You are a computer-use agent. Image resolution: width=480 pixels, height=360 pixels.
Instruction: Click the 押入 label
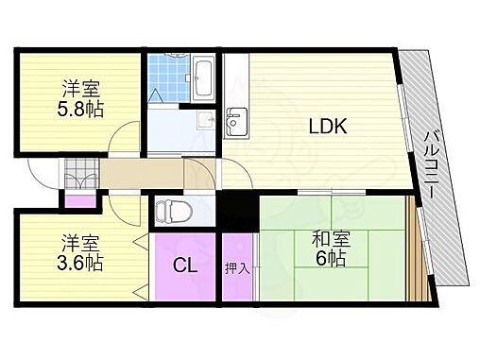(237, 268)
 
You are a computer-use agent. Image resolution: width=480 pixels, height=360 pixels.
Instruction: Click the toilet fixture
(166, 210)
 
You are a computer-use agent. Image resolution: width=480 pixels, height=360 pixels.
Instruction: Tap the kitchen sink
(236, 120)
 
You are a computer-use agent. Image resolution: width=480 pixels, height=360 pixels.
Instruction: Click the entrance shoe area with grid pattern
(80, 175)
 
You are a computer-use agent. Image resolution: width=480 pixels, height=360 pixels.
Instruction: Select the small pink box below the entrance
(78, 199)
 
